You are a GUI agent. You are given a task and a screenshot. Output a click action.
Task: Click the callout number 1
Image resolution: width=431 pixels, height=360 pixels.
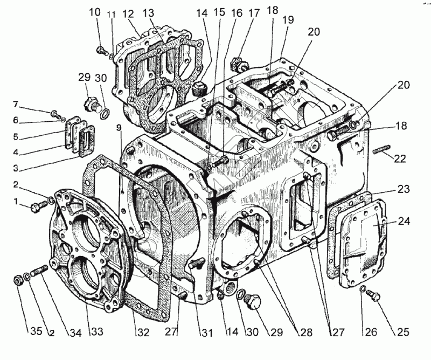(16, 202)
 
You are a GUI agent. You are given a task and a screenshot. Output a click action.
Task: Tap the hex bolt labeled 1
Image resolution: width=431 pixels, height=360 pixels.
(37, 205)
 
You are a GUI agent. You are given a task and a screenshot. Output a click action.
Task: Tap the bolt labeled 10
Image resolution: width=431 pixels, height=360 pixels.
(100, 51)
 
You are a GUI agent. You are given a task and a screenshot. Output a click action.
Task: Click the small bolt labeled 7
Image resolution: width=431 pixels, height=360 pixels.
(54, 114)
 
